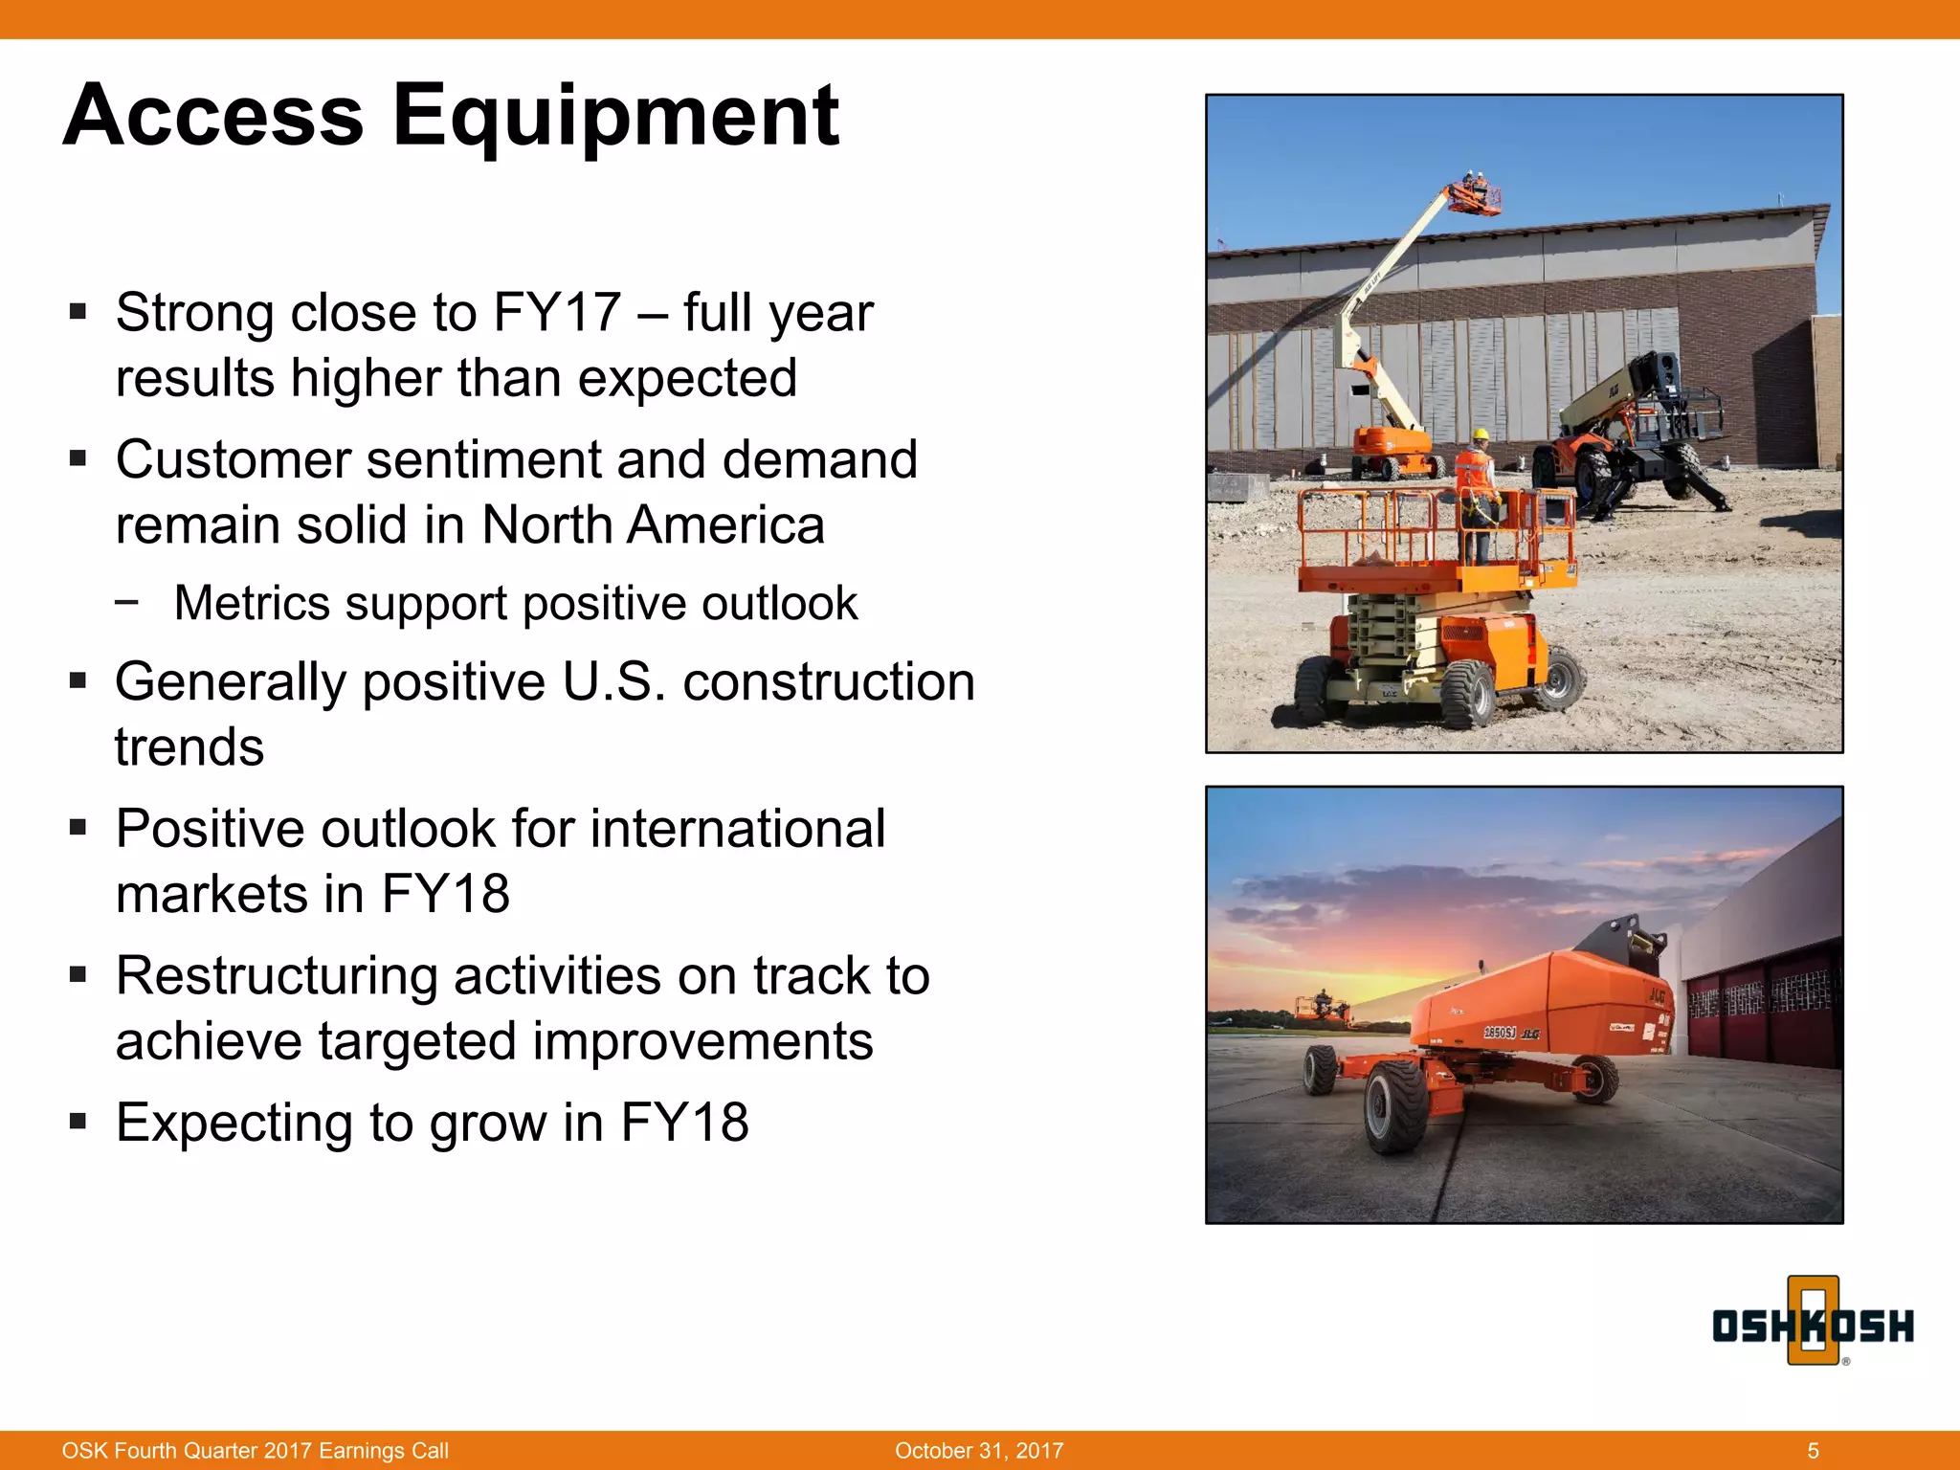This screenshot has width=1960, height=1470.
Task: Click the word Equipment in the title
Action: [615, 117]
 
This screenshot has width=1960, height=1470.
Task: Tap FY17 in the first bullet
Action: [557, 313]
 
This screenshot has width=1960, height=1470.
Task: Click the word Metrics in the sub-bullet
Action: [253, 604]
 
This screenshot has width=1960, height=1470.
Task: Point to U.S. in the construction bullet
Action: [613, 682]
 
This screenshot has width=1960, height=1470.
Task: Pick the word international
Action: [737, 829]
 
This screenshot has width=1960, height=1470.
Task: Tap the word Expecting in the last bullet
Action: [234, 1123]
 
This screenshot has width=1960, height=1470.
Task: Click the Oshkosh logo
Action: [1812, 1325]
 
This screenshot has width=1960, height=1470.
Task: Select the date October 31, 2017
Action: [979, 1451]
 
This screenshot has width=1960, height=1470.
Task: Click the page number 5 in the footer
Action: [1813, 1451]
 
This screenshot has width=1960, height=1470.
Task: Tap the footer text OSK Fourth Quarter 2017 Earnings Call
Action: [255, 1451]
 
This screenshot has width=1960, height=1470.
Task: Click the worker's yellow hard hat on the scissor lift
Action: [1480, 435]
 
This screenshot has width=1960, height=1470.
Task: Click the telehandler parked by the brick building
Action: [1627, 431]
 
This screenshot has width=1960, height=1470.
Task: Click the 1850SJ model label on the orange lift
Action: [1500, 1033]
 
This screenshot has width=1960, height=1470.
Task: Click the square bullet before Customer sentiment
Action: [78, 459]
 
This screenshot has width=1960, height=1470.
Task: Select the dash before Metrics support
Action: [126, 603]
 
